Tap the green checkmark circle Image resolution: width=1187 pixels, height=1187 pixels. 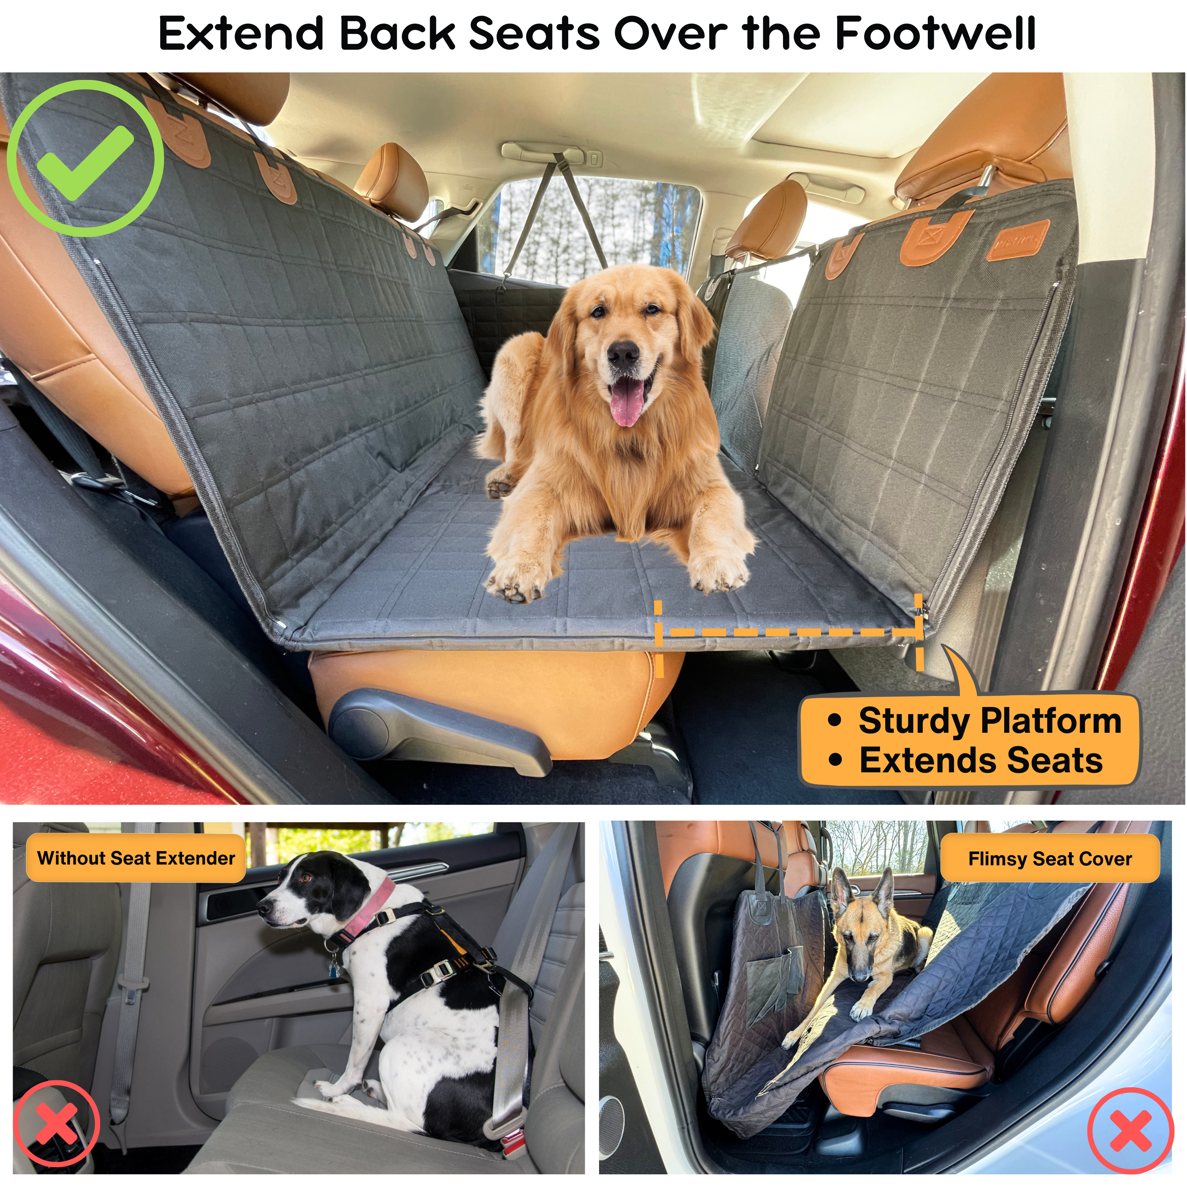pyautogui.click(x=85, y=159)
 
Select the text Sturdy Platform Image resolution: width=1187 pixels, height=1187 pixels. pyautogui.click(x=989, y=721)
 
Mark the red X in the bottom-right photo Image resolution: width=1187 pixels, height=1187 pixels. pyautogui.click(x=1130, y=1131)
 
